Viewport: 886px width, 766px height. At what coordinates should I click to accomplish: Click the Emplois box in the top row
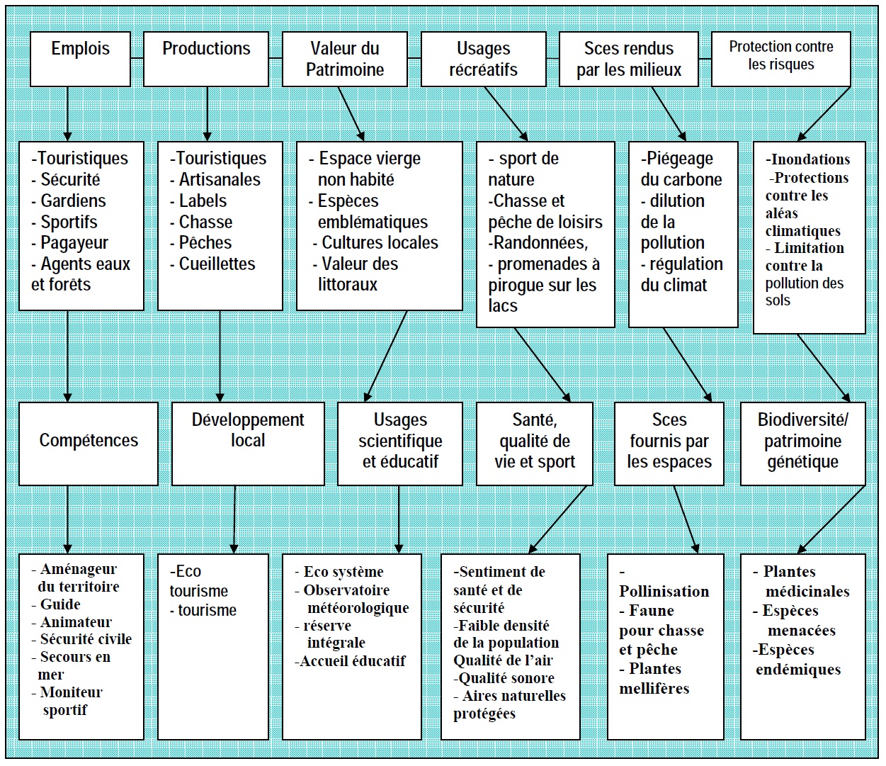click(x=80, y=59)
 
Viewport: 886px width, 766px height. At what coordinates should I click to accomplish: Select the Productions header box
click(x=206, y=59)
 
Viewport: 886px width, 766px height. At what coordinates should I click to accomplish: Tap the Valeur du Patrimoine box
click(x=344, y=59)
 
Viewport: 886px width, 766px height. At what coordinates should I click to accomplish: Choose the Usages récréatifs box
click(x=483, y=59)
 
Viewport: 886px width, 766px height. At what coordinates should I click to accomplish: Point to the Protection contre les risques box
click(x=780, y=59)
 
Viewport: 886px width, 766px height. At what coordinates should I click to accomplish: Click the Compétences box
click(x=89, y=443)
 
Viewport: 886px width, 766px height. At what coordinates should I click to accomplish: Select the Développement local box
click(x=248, y=443)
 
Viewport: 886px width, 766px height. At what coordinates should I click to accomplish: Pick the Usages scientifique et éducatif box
click(x=400, y=443)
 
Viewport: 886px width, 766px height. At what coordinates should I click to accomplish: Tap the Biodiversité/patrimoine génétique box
click(x=802, y=443)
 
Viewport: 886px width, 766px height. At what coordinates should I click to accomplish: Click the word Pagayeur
click(x=74, y=243)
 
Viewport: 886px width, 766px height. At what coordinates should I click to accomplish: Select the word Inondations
click(x=810, y=159)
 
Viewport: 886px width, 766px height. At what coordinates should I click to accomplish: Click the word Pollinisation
click(x=664, y=592)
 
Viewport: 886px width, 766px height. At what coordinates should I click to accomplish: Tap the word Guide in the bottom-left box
click(x=60, y=604)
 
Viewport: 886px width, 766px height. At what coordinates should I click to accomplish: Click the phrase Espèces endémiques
click(x=798, y=660)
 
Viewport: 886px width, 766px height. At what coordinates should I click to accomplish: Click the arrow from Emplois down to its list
click(x=67, y=113)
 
